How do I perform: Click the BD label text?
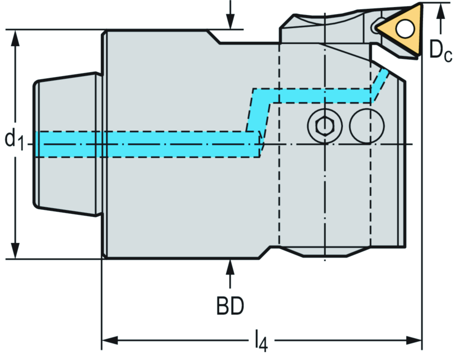tap(230, 306)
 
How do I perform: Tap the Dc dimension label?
tap(440, 50)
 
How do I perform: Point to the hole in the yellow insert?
tap(405, 29)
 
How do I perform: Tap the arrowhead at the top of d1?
tap(16, 38)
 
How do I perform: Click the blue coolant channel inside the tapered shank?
tap(67, 144)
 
